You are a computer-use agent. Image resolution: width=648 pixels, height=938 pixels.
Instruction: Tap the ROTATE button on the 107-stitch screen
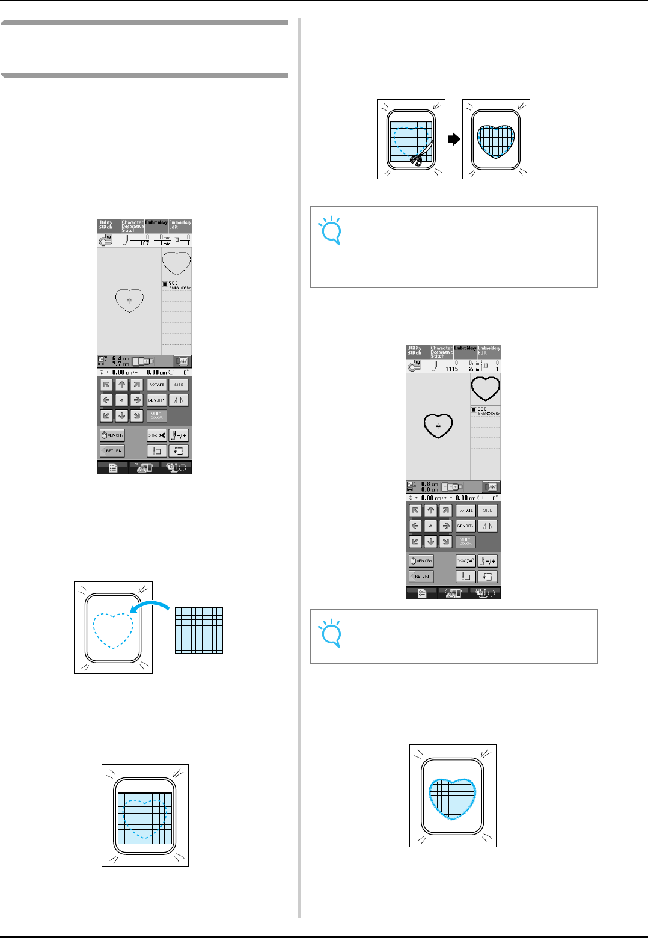[x=157, y=385]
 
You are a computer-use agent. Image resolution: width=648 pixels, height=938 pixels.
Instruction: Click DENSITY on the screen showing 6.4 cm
[x=157, y=400]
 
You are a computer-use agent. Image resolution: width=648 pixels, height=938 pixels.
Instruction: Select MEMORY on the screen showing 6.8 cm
[x=421, y=561]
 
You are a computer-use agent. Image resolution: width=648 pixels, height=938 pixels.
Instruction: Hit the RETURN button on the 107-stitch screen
[x=112, y=450]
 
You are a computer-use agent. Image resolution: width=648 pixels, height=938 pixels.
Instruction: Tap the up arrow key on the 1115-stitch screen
[x=430, y=510]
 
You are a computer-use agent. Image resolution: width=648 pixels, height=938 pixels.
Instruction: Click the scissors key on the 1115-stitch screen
[x=466, y=561]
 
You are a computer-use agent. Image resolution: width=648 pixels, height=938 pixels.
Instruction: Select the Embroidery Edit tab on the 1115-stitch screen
[x=489, y=351]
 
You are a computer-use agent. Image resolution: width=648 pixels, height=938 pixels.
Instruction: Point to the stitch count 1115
[x=451, y=369]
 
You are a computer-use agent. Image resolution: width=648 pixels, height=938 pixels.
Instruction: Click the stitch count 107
[x=144, y=243]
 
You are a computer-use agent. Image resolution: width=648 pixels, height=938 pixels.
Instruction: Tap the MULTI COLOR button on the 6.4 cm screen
[x=157, y=415]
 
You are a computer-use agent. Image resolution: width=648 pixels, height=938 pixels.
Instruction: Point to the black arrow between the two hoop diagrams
[x=454, y=139]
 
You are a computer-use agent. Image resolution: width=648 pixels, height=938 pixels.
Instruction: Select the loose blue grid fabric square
[x=199, y=630]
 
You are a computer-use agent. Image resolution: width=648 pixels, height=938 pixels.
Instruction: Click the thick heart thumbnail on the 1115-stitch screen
[x=485, y=388]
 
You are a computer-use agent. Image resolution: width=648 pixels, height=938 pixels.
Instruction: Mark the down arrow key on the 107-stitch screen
[x=122, y=415]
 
